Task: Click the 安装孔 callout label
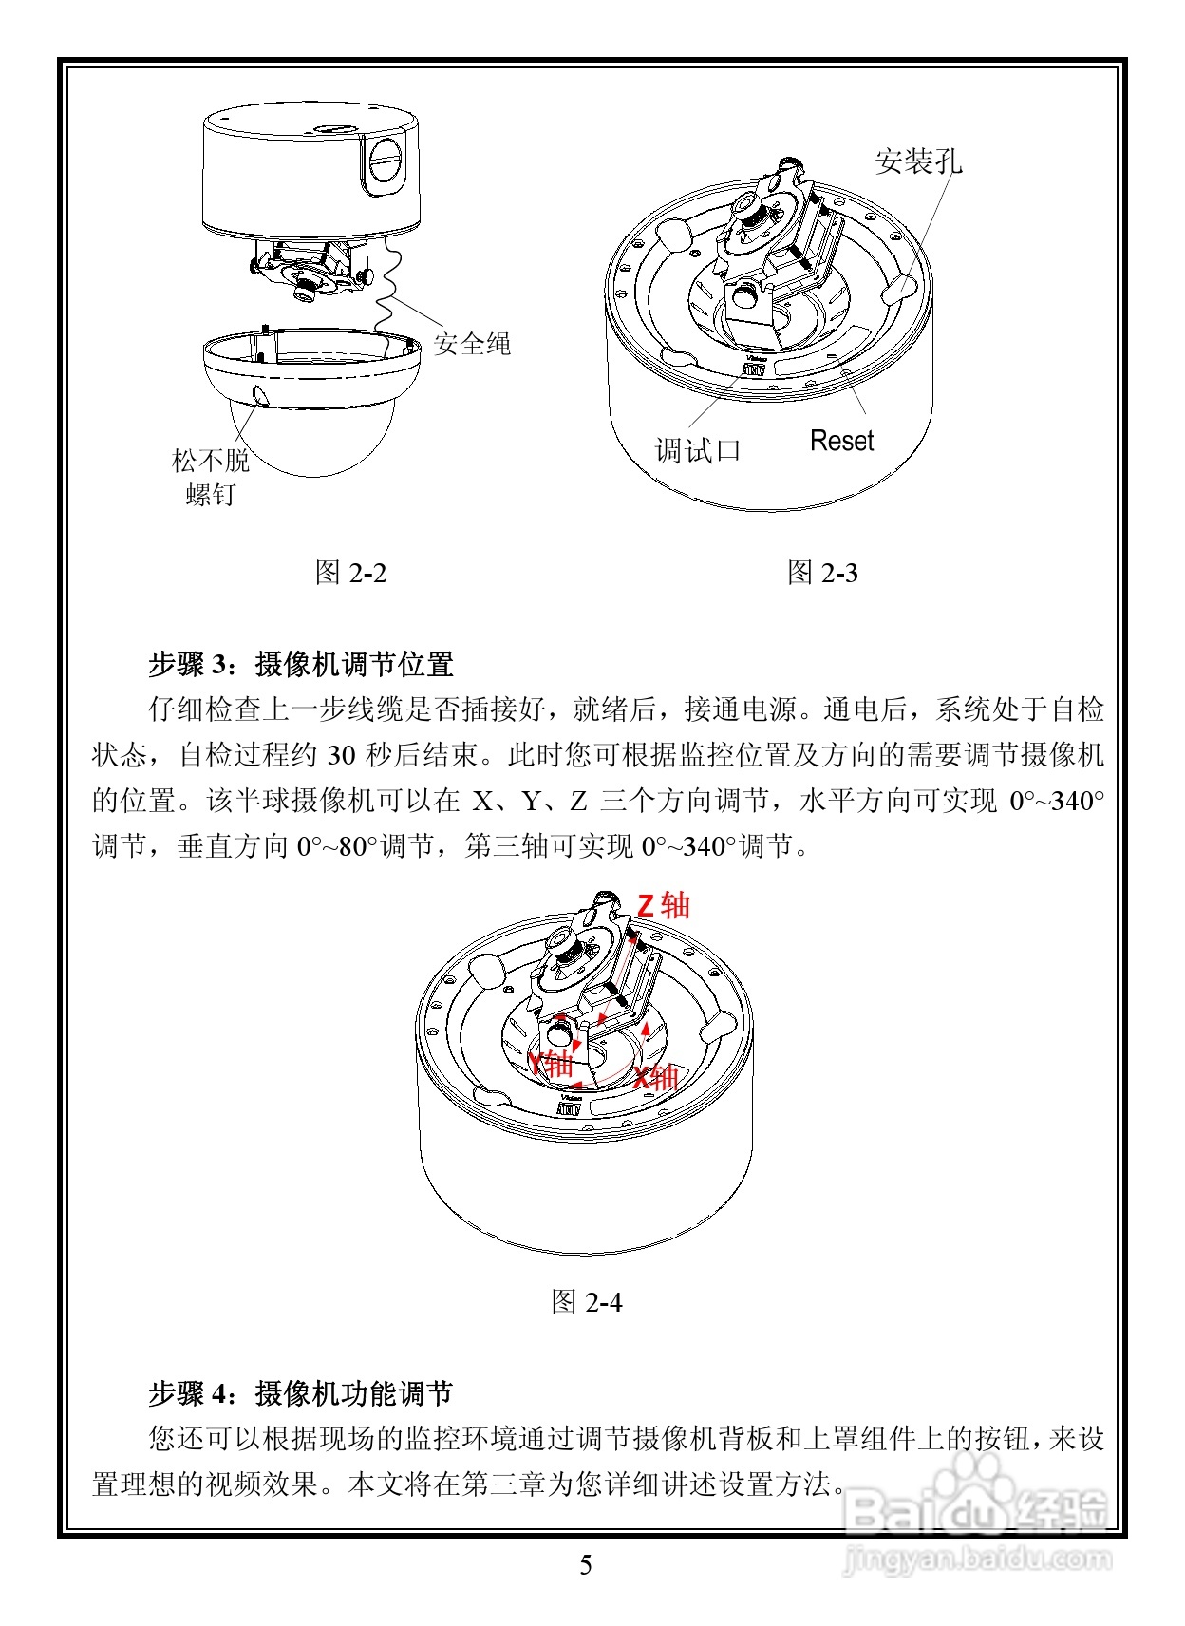coord(917,161)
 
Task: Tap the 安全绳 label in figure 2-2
coord(472,343)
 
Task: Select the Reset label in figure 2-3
coord(841,441)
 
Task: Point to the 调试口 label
coord(698,450)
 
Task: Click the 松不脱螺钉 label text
coord(210,477)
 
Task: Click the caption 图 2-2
coord(350,573)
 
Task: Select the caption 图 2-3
coord(822,573)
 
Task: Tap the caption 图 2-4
coord(586,1302)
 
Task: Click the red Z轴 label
coord(663,905)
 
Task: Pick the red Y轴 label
coord(550,1063)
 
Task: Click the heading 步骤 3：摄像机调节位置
coord(301,664)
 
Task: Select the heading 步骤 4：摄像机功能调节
coord(301,1393)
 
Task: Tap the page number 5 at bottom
coord(586,1565)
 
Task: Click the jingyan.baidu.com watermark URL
coord(977,1559)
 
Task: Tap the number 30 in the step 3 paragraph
coord(341,756)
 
